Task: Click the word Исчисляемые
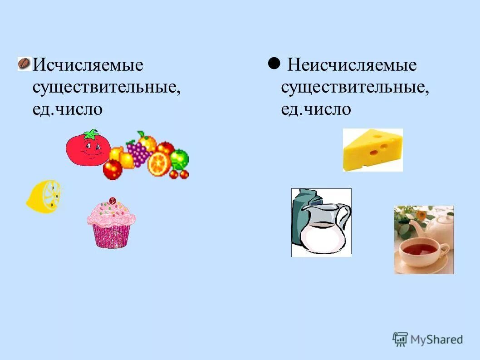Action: [88, 65]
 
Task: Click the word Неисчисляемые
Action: [352, 65]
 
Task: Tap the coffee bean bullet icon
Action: [24, 64]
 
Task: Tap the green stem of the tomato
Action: [91, 134]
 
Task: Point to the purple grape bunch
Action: [138, 151]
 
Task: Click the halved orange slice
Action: [159, 163]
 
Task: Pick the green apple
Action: [180, 158]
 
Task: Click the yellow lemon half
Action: [44, 196]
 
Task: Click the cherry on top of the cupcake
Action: [113, 200]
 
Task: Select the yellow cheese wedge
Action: [372, 148]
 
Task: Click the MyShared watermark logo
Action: [428, 339]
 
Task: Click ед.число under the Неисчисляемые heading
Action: [316, 109]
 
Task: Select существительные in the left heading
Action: [107, 87]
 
